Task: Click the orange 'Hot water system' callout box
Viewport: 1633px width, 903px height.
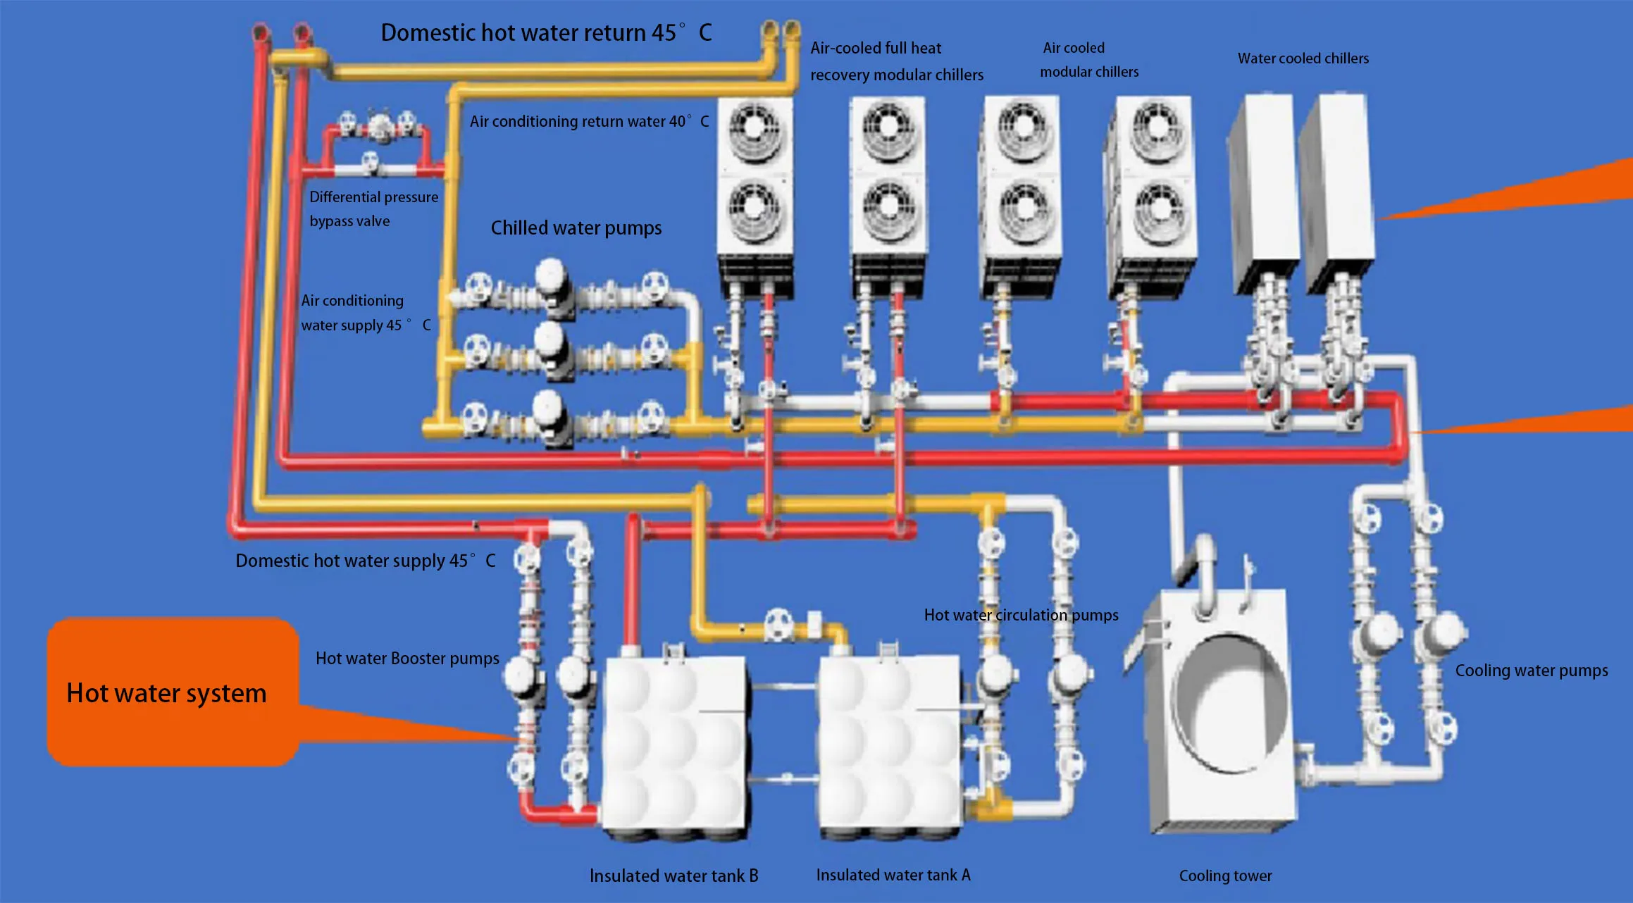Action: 169,692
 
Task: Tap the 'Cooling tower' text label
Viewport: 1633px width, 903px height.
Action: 1225,876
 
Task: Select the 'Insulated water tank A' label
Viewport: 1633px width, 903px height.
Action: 893,875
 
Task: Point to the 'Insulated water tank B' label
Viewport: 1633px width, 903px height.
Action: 673,876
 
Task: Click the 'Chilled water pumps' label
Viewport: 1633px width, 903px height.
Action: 576,228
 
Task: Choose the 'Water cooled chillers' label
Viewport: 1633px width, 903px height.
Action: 1303,58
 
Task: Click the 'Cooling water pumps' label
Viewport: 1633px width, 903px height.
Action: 1531,671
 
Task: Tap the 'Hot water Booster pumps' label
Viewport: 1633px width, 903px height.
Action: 407,659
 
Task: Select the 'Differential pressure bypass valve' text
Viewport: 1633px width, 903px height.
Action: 373,209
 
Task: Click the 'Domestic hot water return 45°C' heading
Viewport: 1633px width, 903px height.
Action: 546,32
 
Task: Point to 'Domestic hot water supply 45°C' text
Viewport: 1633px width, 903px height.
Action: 365,561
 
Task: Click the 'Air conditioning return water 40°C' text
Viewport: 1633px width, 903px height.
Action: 589,121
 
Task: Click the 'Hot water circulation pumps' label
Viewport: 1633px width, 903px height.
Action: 1021,615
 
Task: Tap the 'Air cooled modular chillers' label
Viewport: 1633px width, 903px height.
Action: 1088,60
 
